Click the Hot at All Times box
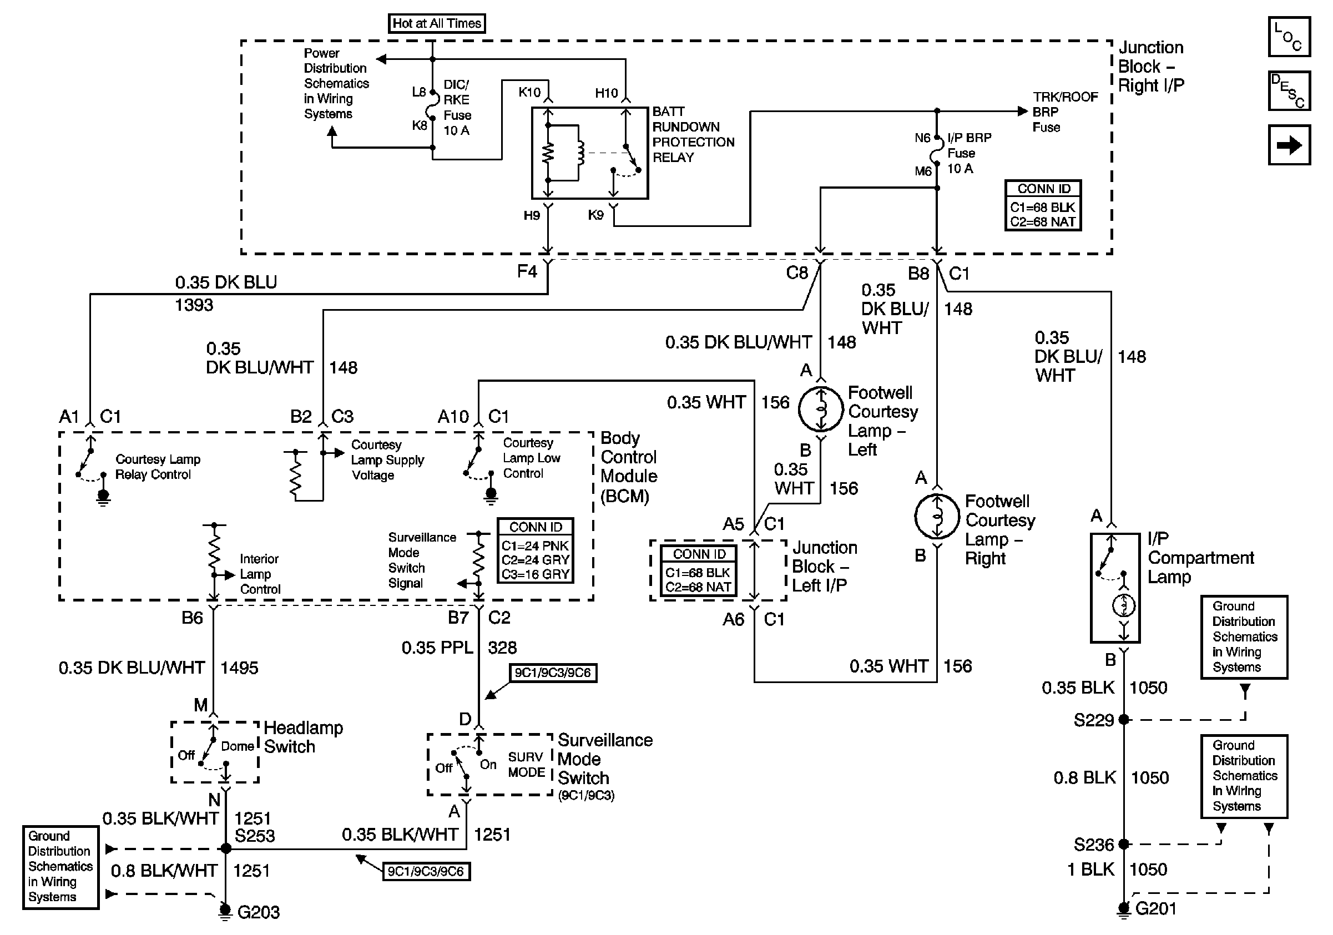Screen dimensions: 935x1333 [x=437, y=23]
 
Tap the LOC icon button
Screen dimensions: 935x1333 [x=1289, y=37]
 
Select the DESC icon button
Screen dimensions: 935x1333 [x=1289, y=90]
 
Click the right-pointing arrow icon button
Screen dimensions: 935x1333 [x=1289, y=145]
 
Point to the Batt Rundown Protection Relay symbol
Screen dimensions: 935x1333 [x=589, y=153]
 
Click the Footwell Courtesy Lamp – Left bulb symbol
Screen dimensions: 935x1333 [x=820, y=409]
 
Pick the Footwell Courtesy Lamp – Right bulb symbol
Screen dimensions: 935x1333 [x=936, y=517]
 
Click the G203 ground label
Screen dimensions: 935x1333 [x=259, y=912]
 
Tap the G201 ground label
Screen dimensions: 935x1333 [x=1155, y=908]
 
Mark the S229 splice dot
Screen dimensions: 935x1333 [x=1124, y=720]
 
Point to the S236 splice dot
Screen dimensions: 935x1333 [x=1124, y=844]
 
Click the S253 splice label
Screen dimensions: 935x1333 [x=254, y=836]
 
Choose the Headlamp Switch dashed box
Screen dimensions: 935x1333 [x=215, y=752]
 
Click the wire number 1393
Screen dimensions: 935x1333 [x=194, y=305]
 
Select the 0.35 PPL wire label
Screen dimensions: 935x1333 [x=437, y=647]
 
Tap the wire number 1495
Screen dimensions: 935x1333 [x=239, y=668]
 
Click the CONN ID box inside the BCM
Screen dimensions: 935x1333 [x=536, y=550]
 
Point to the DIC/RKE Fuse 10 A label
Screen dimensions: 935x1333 [x=457, y=107]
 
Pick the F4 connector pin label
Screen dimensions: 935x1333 [x=527, y=271]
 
